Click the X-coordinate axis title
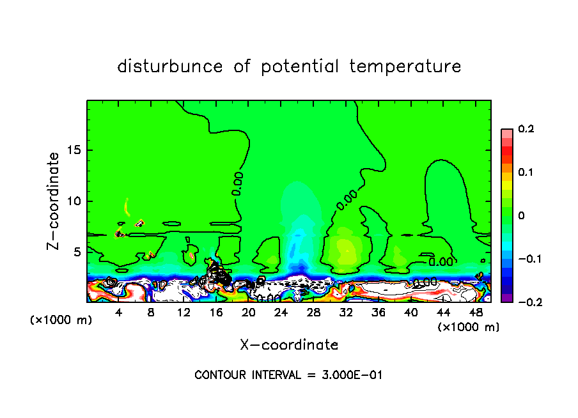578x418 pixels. click(289, 345)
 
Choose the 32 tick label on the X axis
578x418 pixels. click(346, 313)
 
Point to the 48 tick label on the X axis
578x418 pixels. click(475, 313)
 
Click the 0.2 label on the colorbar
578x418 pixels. click(526, 129)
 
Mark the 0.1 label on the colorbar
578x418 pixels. click(526, 173)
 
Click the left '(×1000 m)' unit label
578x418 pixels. click(61, 320)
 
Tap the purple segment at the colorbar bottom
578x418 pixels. click(507, 298)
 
